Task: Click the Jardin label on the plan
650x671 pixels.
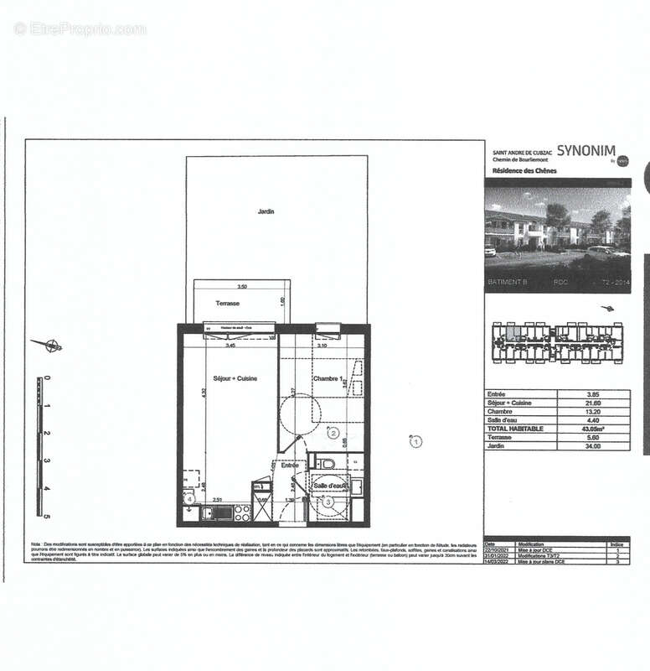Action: pyautogui.click(x=266, y=211)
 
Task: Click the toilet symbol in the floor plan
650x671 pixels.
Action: pyautogui.click(x=328, y=462)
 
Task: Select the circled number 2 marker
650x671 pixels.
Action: pyautogui.click(x=333, y=434)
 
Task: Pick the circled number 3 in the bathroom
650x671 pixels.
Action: pyautogui.click(x=329, y=502)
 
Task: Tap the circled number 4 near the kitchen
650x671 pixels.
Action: pyautogui.click(x=190, y=500)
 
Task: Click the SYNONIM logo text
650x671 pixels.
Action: pyautogui.click(x=591, y=153)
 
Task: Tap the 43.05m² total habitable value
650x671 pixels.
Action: pyautogui.click(x=593, y=429)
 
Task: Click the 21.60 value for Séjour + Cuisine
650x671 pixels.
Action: pyautogui.click(x=593, y=403)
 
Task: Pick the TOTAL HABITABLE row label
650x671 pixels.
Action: pyautogui.click(x=515, y=429)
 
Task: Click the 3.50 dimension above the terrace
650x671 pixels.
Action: pyautogui.click(x=241, y=286)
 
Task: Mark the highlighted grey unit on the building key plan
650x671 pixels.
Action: pyautogui.click(x=518, y=331)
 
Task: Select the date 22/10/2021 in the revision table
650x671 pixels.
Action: pyautogui.click(x=500, y=549)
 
